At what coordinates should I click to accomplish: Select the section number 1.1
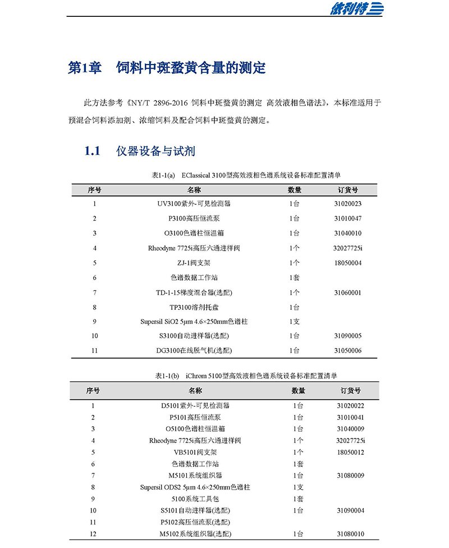coord(92,151)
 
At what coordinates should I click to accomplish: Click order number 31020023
coord(347,204)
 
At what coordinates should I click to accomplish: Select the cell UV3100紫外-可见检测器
coord(194,204)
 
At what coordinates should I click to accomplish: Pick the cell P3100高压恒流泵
coord(194,218)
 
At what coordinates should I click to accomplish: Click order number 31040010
coord(347,233)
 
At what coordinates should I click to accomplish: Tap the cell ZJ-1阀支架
coord(194,263)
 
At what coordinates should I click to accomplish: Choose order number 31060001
coord(347,293)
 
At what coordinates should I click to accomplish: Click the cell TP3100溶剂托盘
coord(194,307)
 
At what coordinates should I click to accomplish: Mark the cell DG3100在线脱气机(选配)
coord(194,351)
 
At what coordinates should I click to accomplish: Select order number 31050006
coord(347,351)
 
